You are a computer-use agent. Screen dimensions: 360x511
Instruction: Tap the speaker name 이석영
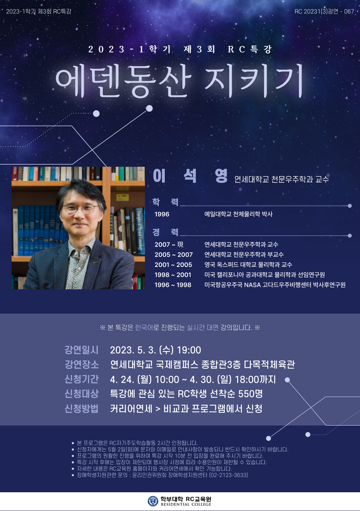[190, 176]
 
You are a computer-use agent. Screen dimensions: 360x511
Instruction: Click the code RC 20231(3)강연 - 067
[324, 11]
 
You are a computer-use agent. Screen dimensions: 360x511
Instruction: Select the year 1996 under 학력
[162, 214]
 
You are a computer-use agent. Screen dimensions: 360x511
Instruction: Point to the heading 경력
[165, 232]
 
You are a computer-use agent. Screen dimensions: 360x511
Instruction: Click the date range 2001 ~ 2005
[173, 265]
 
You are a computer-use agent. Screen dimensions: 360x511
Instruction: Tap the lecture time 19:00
[189, 350]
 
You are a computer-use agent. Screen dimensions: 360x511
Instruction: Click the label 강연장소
[82, 365]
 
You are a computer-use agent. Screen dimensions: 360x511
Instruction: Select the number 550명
[250, 394]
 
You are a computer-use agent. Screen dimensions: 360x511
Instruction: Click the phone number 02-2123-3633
[228, 475]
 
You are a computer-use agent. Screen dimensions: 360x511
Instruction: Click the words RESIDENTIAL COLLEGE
[186, 504]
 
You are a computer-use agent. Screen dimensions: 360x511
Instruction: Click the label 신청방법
[82, 408]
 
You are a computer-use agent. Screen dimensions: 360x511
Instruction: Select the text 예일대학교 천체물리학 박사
[238, 214]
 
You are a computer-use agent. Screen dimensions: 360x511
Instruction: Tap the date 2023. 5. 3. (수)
[142, 350]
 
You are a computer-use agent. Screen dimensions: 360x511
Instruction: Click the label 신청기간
[82, 379]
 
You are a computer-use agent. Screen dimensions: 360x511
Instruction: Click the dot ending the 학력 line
[350, 206]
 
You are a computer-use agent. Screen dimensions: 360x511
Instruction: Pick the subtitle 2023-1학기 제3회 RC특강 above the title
[180, 49]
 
